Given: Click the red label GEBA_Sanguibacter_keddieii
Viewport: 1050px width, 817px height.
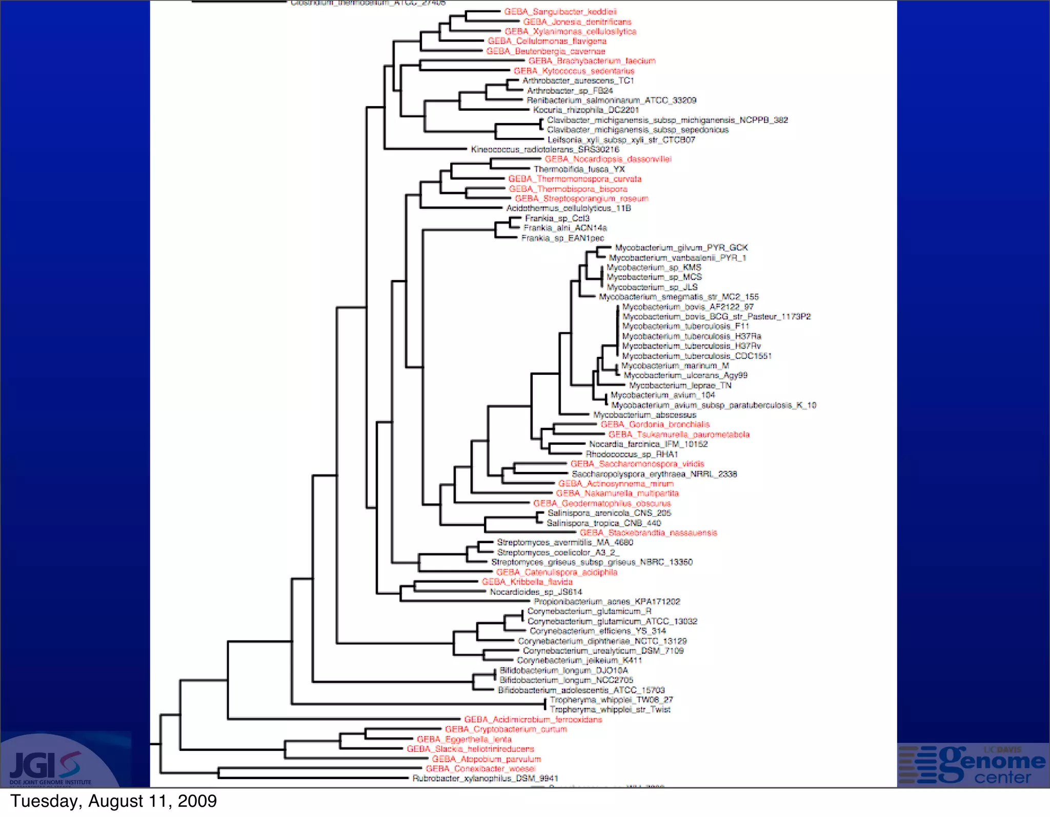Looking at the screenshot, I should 560,12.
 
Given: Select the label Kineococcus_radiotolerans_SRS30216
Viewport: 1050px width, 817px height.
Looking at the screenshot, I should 545,150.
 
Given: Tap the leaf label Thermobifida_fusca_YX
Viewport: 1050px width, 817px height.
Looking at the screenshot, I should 579,169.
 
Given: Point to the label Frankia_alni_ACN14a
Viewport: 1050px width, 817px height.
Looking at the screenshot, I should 565,228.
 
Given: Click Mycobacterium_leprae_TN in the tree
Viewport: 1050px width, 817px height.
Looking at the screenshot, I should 680,386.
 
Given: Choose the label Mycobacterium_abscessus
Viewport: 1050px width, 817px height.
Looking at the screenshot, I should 645,415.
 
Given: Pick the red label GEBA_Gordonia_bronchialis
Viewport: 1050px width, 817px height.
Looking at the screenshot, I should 655,425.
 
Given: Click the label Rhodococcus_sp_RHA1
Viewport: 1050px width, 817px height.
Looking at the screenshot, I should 632,454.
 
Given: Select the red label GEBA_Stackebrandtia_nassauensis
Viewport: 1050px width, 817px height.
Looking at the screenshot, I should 649,533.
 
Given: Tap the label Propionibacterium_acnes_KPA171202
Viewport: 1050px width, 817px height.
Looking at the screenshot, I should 607,602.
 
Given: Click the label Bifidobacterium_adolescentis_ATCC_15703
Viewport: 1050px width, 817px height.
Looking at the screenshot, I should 581,690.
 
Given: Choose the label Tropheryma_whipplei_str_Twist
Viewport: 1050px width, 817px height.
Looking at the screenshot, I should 610,710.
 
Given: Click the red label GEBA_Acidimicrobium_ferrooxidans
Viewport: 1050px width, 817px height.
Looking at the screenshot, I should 533,720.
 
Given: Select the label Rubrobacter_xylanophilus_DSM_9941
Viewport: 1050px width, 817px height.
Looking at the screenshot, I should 486,779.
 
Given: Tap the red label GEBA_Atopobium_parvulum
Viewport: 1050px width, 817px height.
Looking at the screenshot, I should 487,759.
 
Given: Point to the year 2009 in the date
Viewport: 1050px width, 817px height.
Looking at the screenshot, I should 197,801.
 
